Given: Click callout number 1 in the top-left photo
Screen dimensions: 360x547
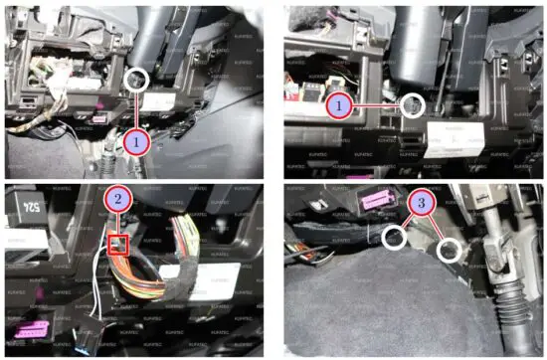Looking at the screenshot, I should click(x=136, y=142).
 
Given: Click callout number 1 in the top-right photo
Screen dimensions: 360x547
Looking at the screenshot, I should click(x=338, y=103).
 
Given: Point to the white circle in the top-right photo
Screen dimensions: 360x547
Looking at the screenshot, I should click(x=412, y=102).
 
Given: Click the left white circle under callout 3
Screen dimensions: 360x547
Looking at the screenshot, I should click(x=394, y=237).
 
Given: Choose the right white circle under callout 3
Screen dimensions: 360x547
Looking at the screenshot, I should click(x=450, y=249).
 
